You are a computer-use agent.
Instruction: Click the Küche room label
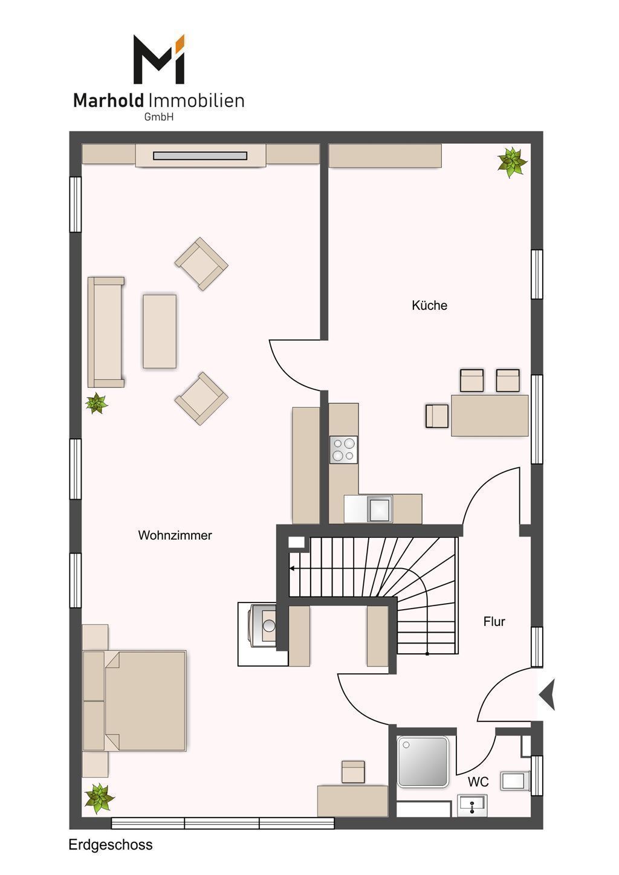tap(429, 306)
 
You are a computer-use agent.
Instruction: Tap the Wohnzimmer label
tap(175, 535)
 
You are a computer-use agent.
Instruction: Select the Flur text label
tap(494, 621)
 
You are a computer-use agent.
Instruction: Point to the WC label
tap(478, 782)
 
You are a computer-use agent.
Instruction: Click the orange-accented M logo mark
tap(158, 59)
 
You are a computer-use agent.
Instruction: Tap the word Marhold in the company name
tap(108, 101)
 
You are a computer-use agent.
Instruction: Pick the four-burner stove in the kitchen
tap(343, 450)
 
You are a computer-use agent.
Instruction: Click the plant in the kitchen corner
tap(512, 162)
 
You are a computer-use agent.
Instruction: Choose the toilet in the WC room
tap(515, 781)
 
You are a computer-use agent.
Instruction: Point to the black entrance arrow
tap(548, 695)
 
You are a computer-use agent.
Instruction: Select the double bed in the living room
tap(134, 701)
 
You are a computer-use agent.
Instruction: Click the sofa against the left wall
tap(106, 332)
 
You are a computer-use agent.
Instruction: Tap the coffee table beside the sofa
tap(160, 331)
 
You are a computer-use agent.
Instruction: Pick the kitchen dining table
tap(490, 415)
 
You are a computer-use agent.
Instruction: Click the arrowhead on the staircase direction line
tap(292, 569)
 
